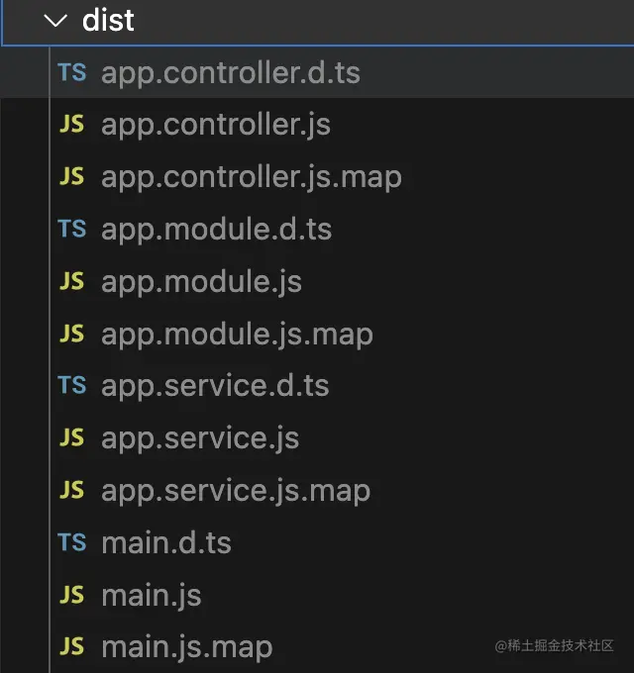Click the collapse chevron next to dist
[55, 21]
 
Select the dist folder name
[108, 20]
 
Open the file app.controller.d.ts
[231, 73]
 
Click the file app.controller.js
[216, 126]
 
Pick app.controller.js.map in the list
[252, 178]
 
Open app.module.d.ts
[217, 230]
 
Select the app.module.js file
[201, 282]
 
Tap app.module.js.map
[237, 335]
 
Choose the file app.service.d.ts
[215, 385]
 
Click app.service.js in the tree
[200, 438]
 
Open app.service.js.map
[236, 491]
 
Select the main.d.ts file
[166, 543]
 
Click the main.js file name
[152, 596]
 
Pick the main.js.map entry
[187, 647]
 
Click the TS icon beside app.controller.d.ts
[72, 72]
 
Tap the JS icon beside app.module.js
[71, 281]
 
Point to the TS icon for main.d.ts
[72, 541]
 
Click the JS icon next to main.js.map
[71, 646]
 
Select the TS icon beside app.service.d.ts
[72, 385]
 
